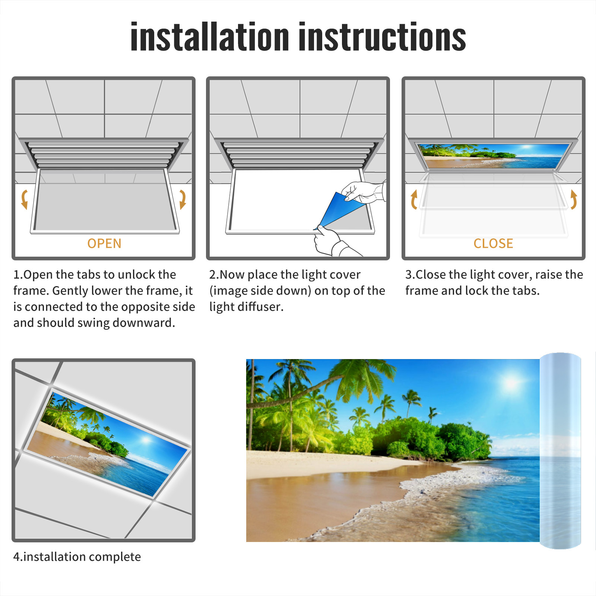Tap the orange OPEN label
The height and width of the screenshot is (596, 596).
pos(104,244)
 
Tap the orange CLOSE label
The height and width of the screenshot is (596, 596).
pos(493,244)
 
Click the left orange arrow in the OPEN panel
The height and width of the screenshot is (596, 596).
pos(24,199)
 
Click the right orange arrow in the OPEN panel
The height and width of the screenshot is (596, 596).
pos(183,199)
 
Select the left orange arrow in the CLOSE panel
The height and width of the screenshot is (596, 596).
pos(414,199)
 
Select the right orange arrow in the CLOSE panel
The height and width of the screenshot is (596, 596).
pos(574,199)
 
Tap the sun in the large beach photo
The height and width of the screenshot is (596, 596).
pos(511,383)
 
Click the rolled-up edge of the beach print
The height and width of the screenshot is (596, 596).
pos(560,451)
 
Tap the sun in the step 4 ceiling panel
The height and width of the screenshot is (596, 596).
pos(146,441)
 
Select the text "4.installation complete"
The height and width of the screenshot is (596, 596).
pos(77,557)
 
